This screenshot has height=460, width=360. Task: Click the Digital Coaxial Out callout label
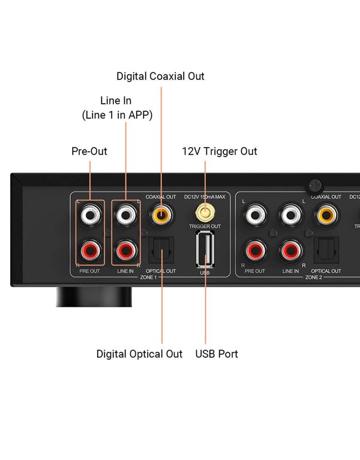(160, 76)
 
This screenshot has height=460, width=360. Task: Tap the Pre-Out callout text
(89, 151)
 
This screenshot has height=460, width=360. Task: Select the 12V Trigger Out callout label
(220, 151)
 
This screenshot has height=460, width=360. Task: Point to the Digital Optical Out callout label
(139, 354)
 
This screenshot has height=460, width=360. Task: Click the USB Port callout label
(217, 354)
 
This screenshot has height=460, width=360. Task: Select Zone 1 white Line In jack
(126, 214)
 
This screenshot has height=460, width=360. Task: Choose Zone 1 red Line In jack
(126, 248)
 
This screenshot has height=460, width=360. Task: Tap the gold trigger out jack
(205, 212)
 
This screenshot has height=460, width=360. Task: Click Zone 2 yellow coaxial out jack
(327, 213)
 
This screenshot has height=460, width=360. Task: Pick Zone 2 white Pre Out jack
(255, 214)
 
